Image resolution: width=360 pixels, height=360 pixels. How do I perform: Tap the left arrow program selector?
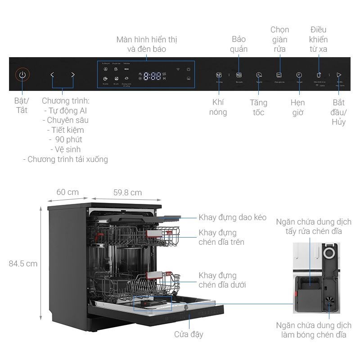coord(52,75)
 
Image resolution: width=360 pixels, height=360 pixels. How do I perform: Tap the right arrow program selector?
coord(73,75)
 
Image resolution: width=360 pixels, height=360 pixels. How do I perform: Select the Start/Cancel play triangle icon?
coord(339,75)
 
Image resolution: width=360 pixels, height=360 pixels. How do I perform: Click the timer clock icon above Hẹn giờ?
coord(299,75)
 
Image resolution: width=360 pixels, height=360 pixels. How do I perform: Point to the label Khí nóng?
coord(218,107)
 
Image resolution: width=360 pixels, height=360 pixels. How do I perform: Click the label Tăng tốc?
coord(258,108)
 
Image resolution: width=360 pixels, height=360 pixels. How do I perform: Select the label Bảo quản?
coord(239,44)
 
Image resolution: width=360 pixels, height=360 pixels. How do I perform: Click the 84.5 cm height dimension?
coord(23,264)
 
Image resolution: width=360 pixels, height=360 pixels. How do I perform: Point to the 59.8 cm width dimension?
coord(127,193)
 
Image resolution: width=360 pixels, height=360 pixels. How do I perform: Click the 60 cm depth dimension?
coord(67,192)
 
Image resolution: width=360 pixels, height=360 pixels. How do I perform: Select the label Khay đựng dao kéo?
coord(233,218)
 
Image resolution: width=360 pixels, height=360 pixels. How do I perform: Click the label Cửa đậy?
coord(189,334)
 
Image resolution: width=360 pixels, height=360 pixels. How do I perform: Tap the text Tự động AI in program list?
coord(67,111)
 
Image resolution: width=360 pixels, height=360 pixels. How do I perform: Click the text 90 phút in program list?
coord(67,139)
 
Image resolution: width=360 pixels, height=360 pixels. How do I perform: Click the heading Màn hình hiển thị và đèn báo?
coord(146,44)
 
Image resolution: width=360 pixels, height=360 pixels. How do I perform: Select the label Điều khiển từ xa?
coord(319,39)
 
